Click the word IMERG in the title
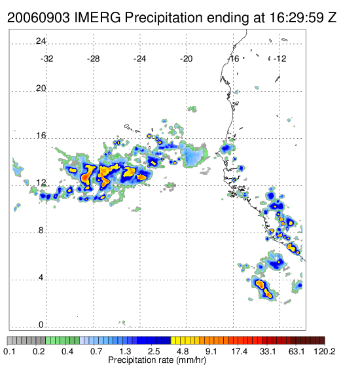tap(98, 18)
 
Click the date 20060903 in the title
tap(39, 18)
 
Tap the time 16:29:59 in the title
tap(297, 18)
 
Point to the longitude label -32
tap(46, 59)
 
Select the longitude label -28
tap(93, 59)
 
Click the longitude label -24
tap(139, 59)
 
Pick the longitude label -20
tap(186, 59)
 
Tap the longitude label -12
tap(279, 59)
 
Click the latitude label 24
tap(41, 41)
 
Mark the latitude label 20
tap(41, 88)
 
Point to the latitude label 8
tap(41, 231)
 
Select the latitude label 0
tap(41, 325)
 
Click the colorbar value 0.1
tap(9, 351)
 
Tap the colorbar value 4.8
tap(183, 351)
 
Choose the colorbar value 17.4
tap(240, 351)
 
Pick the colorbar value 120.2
tap(325, 351)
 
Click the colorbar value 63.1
tap(297, 351)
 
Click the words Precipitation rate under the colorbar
tap(141, 360)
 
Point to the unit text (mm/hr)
tap(191, 360)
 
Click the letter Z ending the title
tap(333, 18)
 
